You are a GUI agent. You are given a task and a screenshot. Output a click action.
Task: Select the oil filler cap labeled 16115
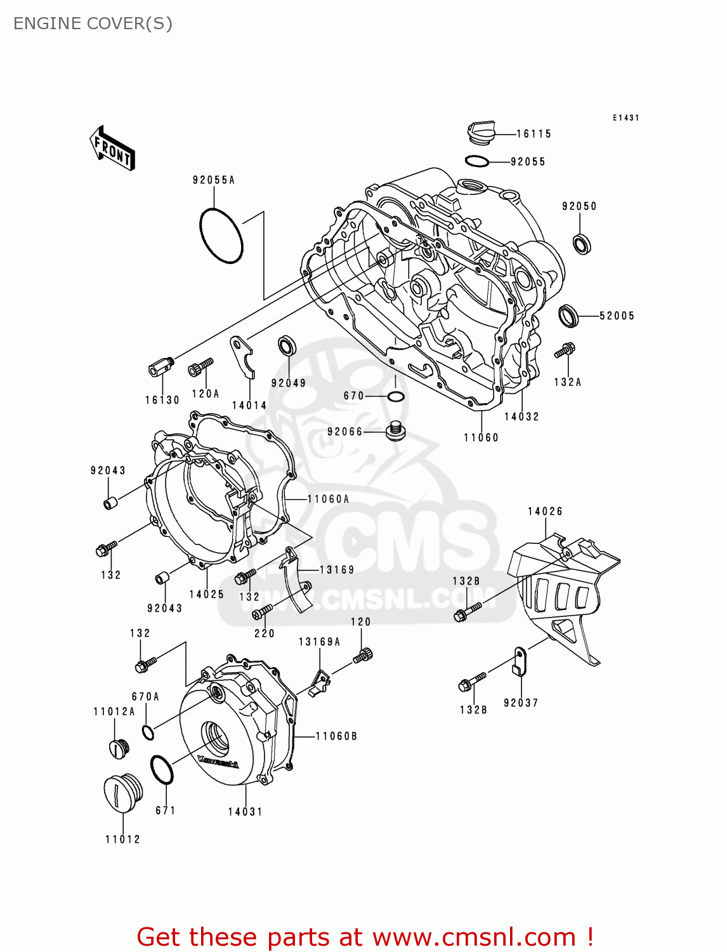[x=480, y=132]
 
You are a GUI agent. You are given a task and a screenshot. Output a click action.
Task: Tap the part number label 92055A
[x=214, y=180]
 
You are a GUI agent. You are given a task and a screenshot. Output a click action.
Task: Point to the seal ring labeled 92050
[x=582, y=244]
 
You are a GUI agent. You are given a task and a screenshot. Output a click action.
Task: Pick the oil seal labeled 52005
[x=568, y=315]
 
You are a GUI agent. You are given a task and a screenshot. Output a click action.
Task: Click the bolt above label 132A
[x=564, y=350]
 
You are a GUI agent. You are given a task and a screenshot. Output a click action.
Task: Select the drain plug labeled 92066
[x=395, y=431]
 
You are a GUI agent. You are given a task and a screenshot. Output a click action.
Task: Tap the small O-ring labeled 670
[x=395, y=397]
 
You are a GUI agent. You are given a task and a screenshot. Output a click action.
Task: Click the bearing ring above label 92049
[x=287, y=346]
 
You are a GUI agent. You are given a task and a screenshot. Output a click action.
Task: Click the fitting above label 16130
[x=161, y=367]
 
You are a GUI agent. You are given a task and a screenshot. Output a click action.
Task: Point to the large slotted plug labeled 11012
[x=122, y=793]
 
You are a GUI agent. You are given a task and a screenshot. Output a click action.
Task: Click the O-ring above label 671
[x=162, y=770]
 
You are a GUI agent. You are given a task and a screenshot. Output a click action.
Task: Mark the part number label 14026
[x=545, y=512]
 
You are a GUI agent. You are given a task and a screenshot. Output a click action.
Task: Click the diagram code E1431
[x=625, y=118]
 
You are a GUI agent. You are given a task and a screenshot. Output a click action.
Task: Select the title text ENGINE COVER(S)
[x=93, y=23]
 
